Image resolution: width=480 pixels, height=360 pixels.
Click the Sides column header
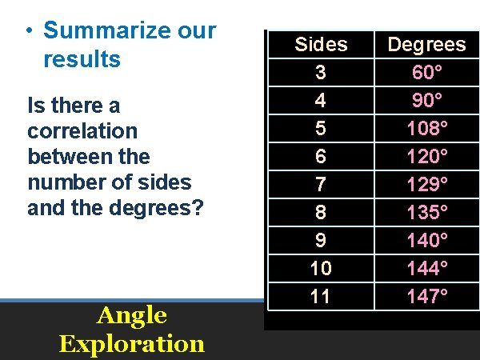[x=321, y=45]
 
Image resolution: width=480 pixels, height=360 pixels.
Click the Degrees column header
[x=426, y=45]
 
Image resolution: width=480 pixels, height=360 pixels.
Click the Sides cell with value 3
[x=321, y=73]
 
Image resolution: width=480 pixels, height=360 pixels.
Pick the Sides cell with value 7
[x=321, y=185]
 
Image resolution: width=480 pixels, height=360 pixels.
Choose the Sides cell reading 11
[x=321, y=297]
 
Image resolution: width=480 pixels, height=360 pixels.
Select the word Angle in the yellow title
[x=131, y=316]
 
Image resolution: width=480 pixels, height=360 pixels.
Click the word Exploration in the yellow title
[x=131, y=344]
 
